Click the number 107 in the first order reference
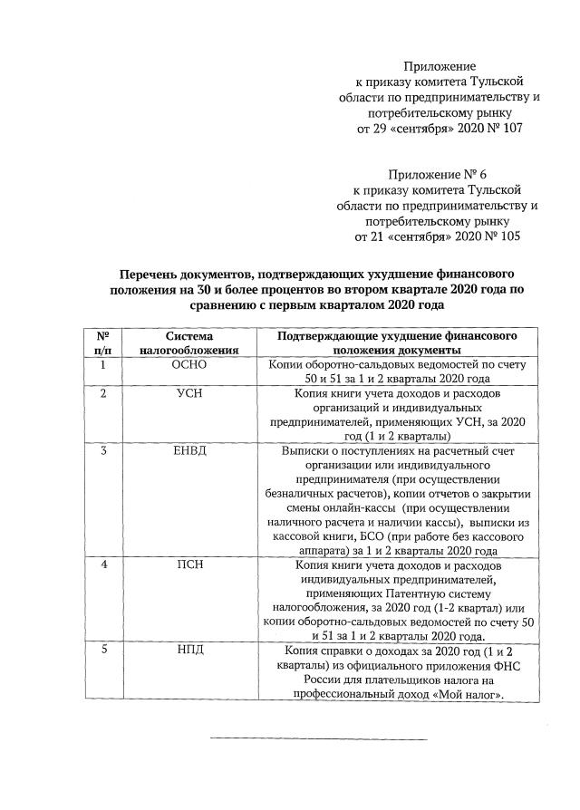[x=510, y=129]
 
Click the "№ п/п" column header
[x=102, y=342]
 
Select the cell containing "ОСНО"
[x=189, y=364]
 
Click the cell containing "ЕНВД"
[x=189, y=451]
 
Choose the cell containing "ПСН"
[x=189, y=565]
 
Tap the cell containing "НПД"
[x=189, y=651]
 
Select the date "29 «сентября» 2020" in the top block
[x=431, y=129]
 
